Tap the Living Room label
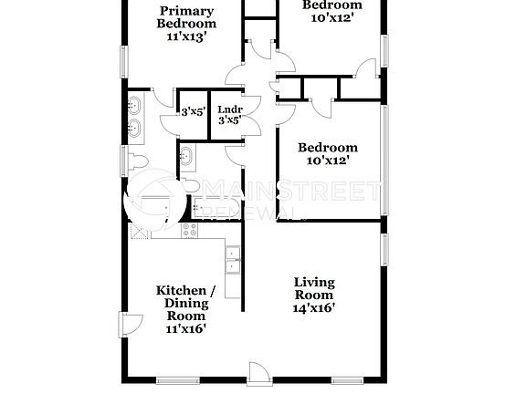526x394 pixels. (313, 288)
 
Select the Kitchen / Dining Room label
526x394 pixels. (185, 303)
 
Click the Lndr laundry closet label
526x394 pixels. (229, 110)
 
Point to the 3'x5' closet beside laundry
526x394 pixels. (192, 114)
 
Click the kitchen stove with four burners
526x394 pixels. (191, 231)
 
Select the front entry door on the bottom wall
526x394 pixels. (258, 371)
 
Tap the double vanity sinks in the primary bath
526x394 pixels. (135, 115)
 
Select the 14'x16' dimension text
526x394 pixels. (313, 308)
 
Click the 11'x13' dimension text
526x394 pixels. (188, 37)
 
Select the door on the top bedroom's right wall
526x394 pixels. (370, 70)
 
